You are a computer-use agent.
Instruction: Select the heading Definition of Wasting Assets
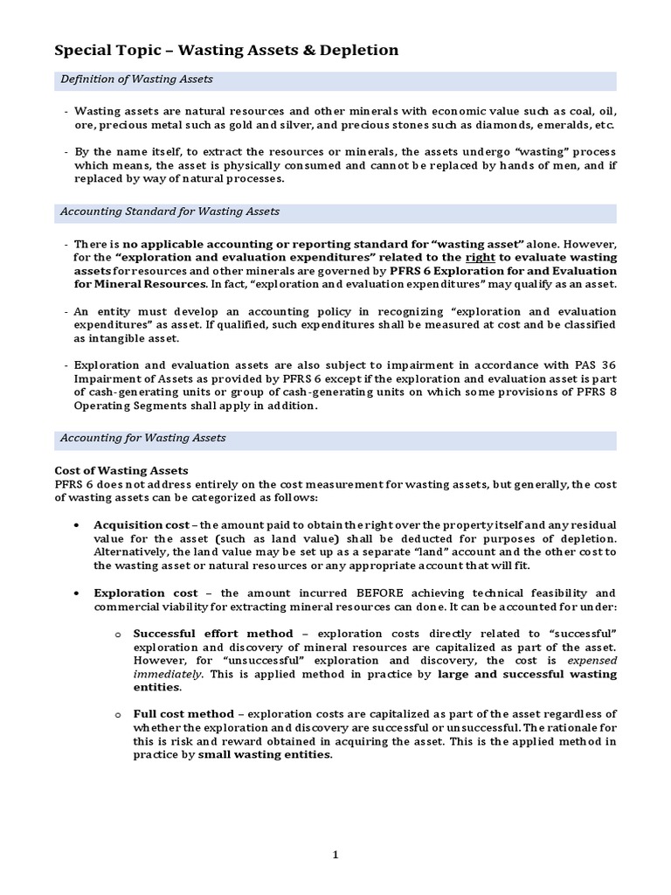pos(136,80)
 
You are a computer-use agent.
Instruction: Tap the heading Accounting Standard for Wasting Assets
pos(169,212)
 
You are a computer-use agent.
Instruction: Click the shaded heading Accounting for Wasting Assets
pos(142,438)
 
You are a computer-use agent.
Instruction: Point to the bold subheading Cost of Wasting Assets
pos(121,470)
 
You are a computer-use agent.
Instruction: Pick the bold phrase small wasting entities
pos(265,755)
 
